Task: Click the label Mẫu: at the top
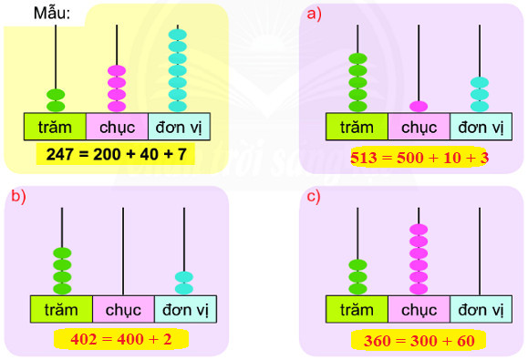tap(52, 14)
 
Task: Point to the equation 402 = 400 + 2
tap(119, 339)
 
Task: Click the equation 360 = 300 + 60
tap(419, 340)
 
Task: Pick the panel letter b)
tap(18, 195)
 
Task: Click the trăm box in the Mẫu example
tap(55, 126)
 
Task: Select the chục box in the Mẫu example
tap(117, 126)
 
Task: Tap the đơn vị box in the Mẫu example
tap(179, 126)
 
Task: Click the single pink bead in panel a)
tap(419, 106)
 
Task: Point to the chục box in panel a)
tap(419, 127)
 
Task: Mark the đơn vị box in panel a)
tap(481, 127)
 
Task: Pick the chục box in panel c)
tap(419, 309)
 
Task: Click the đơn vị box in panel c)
tap(481, 309)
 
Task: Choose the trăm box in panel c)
tap(357, 309)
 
